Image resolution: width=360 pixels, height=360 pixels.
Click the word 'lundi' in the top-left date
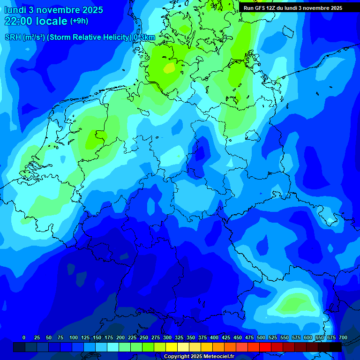pyautogui.click(x=15, y=10)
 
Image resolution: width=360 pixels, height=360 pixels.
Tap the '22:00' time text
pyautogui.click(x=19, y=21)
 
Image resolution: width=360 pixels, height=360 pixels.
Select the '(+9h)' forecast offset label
pyautogui.click(x=79, y=21)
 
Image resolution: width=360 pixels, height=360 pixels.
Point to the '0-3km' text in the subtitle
pyautogui.click(x=144, y=37)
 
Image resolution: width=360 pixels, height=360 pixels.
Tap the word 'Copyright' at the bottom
pyautogui.click(x=177, y=357)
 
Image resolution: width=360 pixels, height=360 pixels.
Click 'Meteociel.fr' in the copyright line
pyautogui.click(x=218, y=357)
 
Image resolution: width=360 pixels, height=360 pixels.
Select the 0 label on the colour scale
pyautogui.click(x=24, y=337)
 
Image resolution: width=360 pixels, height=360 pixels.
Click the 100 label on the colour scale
pyautogui.click(x=74, y=337)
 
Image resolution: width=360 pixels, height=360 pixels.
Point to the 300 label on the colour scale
pyautogui.click(x=167, y=337)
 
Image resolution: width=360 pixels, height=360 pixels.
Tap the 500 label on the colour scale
pyautogui.click(x=261, y=337)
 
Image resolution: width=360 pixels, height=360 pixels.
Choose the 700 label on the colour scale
pyautogui.click(x=343, y=337)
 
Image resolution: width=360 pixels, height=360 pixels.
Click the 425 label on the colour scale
pyautogui.click(x=226, y=337)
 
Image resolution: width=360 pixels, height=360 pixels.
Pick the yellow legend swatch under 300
pyautogui.click(x=171, y=347)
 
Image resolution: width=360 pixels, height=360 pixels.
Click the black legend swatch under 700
pyautogui.click(x=335, y=347)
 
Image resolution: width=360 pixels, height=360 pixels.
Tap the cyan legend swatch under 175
pyautogui.click(x=112, y=347)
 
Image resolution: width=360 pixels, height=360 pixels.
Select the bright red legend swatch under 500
pyautogui.click(x=265, y=347)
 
